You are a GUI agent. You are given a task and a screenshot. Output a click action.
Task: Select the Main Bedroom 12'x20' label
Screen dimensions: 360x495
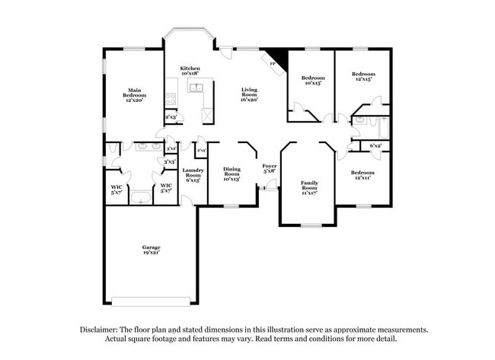click(x=133, y=94)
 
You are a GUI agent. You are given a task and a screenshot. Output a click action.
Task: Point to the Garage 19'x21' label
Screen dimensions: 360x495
click(x=151, y=250)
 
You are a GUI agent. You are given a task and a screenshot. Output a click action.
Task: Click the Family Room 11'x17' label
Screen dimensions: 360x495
click(x=309, y=187)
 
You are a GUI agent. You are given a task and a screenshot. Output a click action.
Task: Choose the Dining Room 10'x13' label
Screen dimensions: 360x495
click(x=232, y=174)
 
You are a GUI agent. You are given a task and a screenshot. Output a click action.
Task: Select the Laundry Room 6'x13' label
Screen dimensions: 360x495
click(x=193, y=175)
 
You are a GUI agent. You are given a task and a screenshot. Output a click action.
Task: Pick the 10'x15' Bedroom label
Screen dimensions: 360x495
click(x=312, y=80)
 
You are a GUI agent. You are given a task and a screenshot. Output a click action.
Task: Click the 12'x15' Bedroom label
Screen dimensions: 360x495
click(x=362, y=77)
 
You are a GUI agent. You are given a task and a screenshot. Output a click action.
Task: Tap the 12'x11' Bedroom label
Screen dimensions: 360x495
click(x=362, y=175)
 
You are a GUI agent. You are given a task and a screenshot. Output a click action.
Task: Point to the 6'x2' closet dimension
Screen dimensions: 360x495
click(x=375, y=145)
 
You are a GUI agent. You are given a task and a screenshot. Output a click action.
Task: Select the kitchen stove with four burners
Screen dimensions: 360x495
click(x=171, y=98)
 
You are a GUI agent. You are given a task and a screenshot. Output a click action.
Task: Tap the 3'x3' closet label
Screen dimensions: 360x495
click(x=171, y=161)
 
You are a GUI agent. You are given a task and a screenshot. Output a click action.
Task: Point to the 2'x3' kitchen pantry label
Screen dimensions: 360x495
click(x=171, y=117)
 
